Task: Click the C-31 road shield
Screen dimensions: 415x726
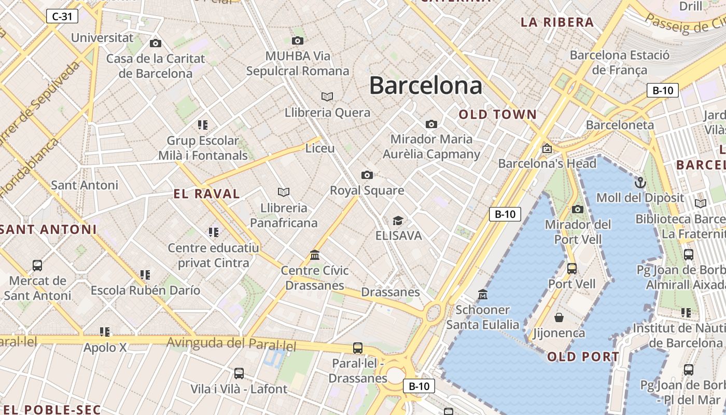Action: pyautogui.click(x=62, y=17)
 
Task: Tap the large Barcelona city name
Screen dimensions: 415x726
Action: pyautogui.click(x=425, y=86)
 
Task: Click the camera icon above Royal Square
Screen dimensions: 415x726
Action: pyautogui.click(x=367, y=175)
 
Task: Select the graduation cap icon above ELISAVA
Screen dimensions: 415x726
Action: pyautogui.click(x=398, y=221)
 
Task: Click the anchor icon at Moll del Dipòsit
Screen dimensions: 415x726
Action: pyautogui.click(x=640, y=183)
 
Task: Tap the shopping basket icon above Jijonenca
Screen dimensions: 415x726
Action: pyautogui.click(x=559, y=317)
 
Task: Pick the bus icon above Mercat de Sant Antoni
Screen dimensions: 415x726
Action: pyautogui.click(x=37, y=266)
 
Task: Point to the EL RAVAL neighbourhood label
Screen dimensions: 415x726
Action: pyautogui.click(x=207, y=194)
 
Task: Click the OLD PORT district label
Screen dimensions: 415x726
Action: pyautogui.click(x=583, y=356)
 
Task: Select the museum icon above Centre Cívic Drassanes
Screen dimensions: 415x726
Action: pyautogui.click(x=315, y=255)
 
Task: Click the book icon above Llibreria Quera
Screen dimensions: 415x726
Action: pyautogui.click(x=327, y=97)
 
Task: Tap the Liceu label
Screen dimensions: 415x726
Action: pyautogui.click(x=320, y=148)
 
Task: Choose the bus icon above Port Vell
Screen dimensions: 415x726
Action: pyautogui.click(x=572, y=269)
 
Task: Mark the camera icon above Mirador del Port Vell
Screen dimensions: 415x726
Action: pyautogui.click(x=578, y=210)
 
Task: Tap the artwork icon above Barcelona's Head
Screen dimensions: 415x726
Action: pyautogui.click(x=547, y=149)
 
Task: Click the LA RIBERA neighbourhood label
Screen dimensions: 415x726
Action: pyautogui.click(x=557, y=22)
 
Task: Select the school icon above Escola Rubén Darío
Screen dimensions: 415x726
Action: pyautogui.click(x=145, y=275)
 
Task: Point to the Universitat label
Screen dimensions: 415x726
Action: pyautogui.click(x=102, y=38)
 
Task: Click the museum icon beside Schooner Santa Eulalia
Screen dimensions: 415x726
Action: pyautogui.click(x=483, y=295)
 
